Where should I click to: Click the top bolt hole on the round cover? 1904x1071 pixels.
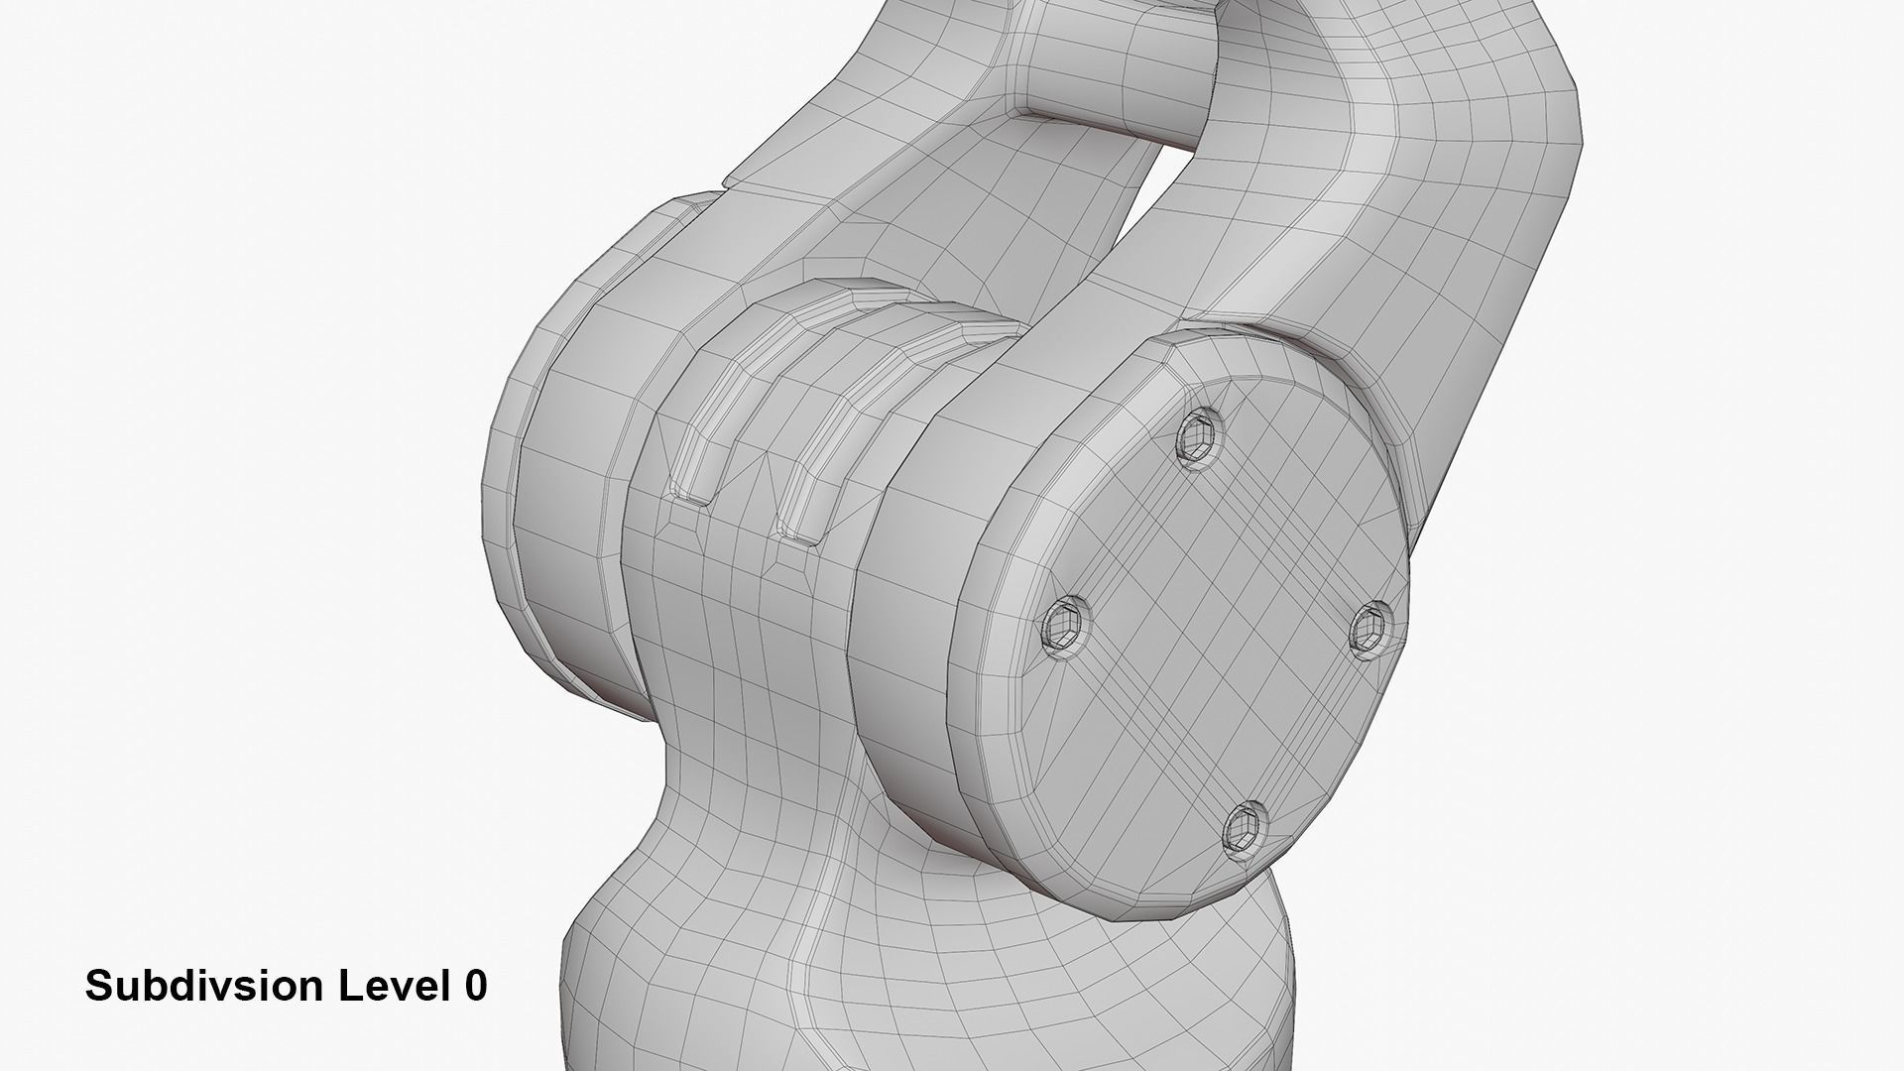1199,433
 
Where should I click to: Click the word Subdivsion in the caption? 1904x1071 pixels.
204,987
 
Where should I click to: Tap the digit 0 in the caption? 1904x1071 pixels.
475,987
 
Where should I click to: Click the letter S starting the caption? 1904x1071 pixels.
97,987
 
